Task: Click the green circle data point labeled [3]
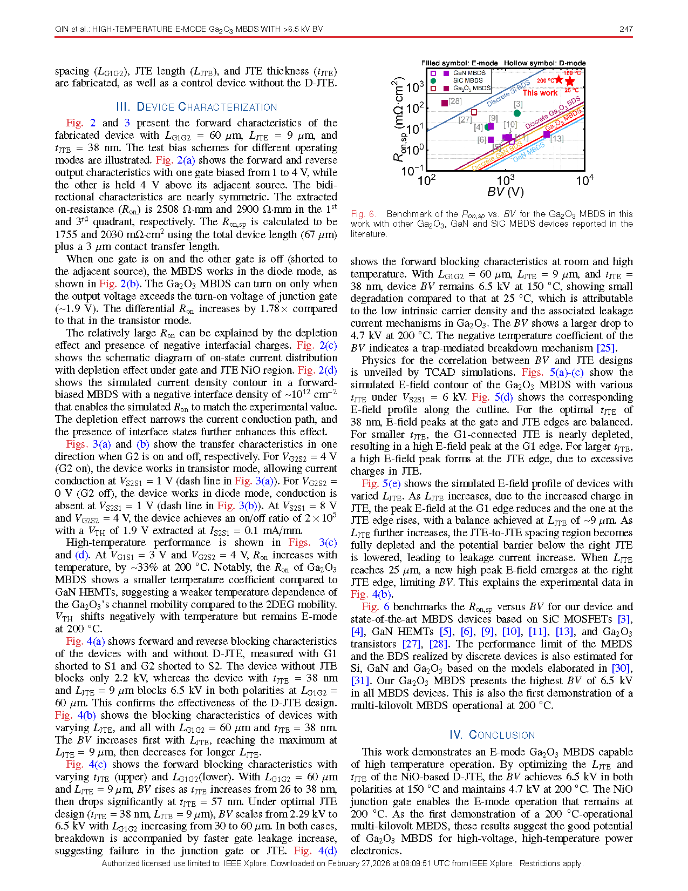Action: point(517,113)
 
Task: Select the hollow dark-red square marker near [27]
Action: point(474,112)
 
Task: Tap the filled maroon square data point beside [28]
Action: point(445,103)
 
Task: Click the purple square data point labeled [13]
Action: point(547,134)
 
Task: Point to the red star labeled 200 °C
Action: point(558,80)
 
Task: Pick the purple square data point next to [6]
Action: point(491,140)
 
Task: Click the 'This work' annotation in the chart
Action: point(540,93)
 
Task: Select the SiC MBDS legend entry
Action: point(467,80)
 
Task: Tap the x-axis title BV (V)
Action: point(505,192)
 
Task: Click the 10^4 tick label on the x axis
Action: point(584,180)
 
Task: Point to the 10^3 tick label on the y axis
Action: point(414,87)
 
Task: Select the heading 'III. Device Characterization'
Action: point(196,107)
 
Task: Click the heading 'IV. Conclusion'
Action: point(492,735)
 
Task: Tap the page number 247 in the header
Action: point(626,29)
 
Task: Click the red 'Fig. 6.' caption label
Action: point(363,214)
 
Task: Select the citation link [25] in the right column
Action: point(606,348)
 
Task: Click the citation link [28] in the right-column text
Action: point(439,644)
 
